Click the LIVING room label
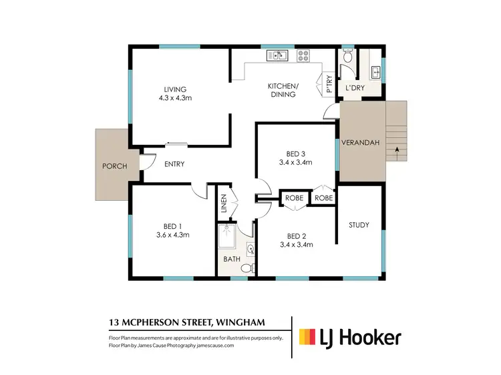175,89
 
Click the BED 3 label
296,153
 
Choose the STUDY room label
359,225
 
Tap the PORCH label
114,165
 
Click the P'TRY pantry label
328,83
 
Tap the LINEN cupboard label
224,203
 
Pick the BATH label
232,260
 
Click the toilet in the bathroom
247,268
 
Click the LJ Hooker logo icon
308,337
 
